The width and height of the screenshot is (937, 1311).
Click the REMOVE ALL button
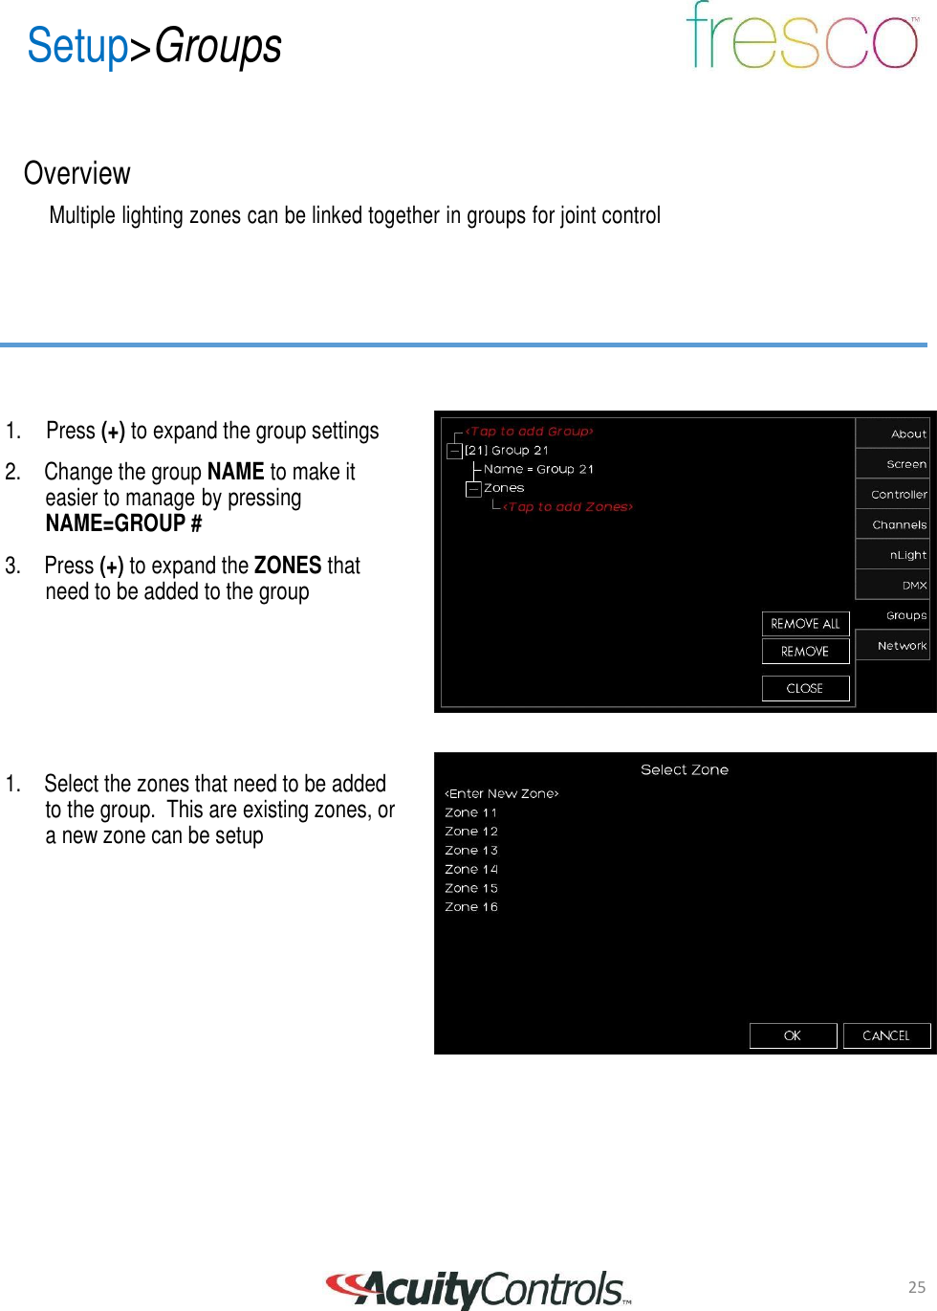point(805,624)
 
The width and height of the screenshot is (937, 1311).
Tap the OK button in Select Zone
point(793,1035)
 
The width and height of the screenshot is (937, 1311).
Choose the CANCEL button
point(886,1035)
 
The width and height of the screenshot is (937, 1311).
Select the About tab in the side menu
point(894,433)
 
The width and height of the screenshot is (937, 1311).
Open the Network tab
point(894,646)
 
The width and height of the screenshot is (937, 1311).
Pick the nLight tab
point(894,555)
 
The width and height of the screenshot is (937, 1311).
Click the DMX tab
point(894,585)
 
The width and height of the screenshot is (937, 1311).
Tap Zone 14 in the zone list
point(471,869)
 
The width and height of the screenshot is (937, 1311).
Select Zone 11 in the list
point(471,812)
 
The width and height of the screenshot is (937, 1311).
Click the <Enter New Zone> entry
point(502,793)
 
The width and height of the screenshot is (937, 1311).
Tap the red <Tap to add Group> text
point(530,432)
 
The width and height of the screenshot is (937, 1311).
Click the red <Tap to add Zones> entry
point(568,507)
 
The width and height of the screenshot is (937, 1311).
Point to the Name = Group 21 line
point(538,469)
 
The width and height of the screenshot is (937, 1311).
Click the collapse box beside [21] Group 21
point(455,451)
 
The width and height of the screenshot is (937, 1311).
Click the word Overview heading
point(77,173)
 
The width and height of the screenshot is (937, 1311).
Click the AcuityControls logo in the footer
point(478,1289)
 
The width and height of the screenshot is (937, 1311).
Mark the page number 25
point(917,1287)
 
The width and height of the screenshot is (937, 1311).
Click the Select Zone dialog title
point(685,769)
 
